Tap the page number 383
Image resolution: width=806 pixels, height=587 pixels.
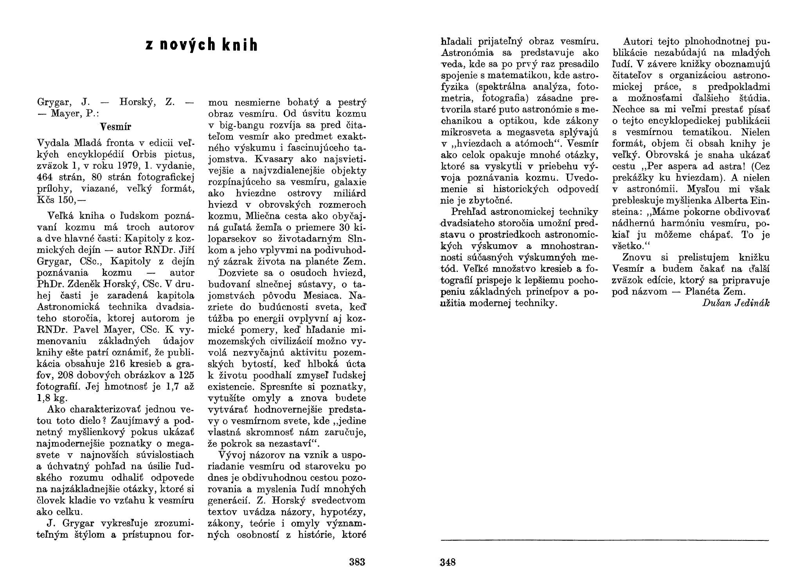[357, 562]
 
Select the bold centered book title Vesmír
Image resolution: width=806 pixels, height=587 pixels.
[115, 127]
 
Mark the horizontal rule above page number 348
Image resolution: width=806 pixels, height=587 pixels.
[604, 541]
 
